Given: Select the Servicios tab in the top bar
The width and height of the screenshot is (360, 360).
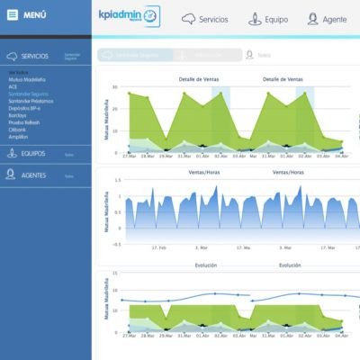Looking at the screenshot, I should pyautogui.click(x=204, y=18).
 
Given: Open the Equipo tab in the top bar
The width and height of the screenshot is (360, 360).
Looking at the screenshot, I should pyautogui.click(x=266, y=18).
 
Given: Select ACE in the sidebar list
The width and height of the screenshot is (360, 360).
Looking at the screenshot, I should pyautogui.click(x=13, y=85).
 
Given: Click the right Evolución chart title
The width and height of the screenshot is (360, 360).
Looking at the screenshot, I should pyautogui.click(x=283, y=265).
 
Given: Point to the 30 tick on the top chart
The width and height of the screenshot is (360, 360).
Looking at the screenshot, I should pyautogui.click(x=113, y=88).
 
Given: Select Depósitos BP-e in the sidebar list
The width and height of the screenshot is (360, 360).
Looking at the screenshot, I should pyautogui.click(x=25, y=107).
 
